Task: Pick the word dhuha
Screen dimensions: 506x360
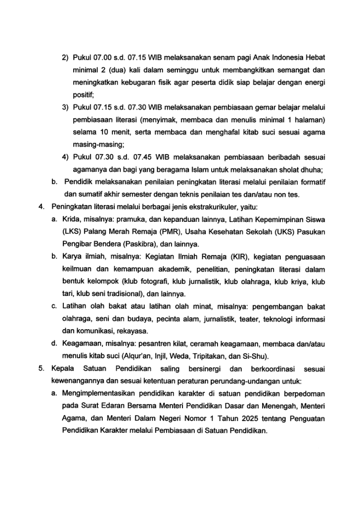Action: tap(313, 170)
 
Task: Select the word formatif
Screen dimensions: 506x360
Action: tap(311, 182)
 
